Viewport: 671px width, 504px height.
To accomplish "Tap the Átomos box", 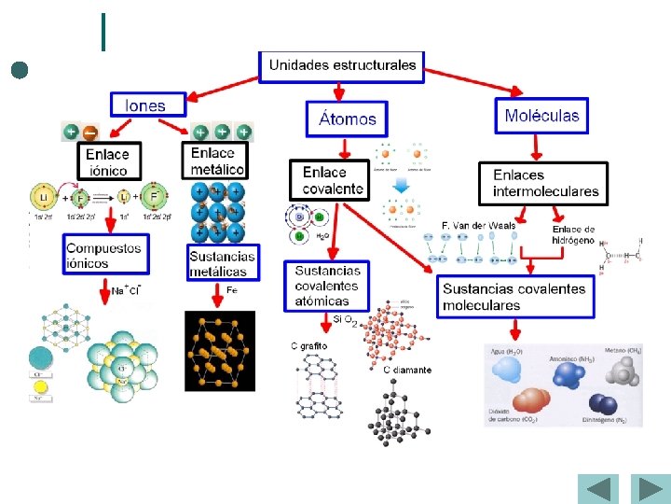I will [x=347, y=119].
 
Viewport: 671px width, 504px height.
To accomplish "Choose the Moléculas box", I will [x=541, y=116].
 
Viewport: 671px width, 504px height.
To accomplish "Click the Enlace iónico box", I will [x=107, y=161].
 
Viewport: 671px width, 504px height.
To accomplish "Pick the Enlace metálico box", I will [x=217, y=161].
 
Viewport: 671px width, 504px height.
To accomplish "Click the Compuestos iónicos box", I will [x=104, y=256].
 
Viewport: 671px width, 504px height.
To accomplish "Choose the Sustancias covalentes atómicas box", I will [x=326, y=286].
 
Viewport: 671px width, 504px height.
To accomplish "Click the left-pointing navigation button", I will [x=597, y=489].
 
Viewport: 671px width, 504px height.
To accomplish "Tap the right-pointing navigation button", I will [x=648, y=489].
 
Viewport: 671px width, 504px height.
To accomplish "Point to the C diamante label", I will [x=407, y=371].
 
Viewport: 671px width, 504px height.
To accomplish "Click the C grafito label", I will [x=308, y=346].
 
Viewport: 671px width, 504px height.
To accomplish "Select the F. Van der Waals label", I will [x=478, y=225].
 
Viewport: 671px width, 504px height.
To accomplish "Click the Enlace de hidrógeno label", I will [x=573, y=234].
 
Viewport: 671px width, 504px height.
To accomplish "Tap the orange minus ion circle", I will [x=91, y=133].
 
